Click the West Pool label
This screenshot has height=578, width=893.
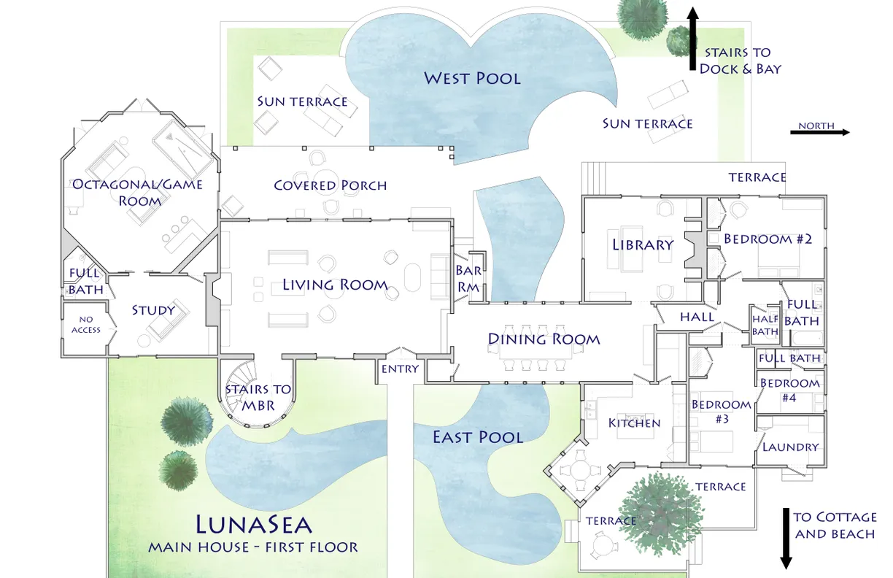[472, 77]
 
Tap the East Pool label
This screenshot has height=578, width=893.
[478, 437]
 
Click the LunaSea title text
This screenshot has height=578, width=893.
[253, 525]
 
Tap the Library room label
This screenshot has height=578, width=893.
[642, 244]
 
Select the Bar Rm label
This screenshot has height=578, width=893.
[468, 279]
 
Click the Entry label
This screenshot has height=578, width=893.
[400, 369]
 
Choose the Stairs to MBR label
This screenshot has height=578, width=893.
[258, 396]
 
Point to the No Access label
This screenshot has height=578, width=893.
[86, 325]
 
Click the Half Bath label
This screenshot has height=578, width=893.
[765, 325]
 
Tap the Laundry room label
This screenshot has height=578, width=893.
[790, 447]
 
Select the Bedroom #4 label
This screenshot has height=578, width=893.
[789, 390]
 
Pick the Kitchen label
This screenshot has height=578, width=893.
[634, 423]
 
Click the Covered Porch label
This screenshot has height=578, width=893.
[330, 185]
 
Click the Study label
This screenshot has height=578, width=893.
[153, 310]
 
